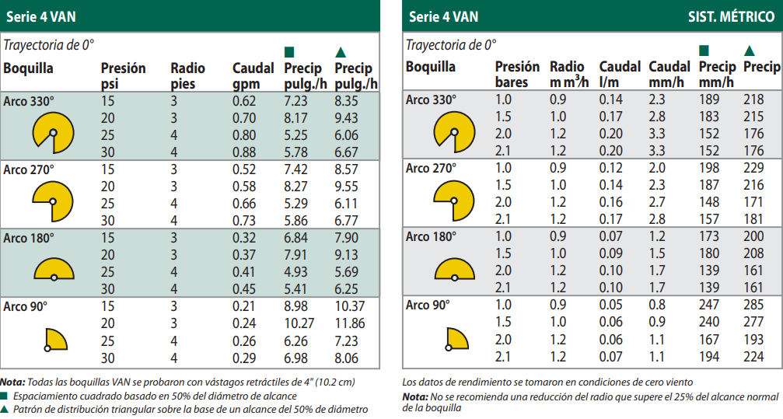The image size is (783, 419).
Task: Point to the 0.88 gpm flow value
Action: point(243,152)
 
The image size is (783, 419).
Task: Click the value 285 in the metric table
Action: point(754,306)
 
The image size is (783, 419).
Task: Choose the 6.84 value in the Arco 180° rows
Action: point(297,237)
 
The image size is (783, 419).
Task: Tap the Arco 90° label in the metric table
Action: point(428,306)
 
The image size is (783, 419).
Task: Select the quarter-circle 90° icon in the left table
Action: point(56,340)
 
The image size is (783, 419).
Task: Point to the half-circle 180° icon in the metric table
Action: point(454,269)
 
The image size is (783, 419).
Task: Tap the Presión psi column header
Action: point(123,76)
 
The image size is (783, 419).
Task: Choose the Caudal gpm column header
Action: point(253,76)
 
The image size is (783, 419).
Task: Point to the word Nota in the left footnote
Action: point(12,382)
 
